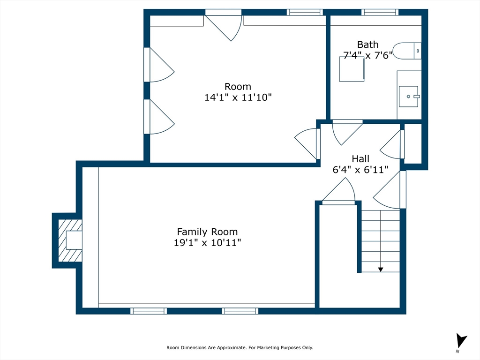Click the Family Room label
click(207, 232)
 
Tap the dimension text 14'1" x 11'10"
click(238, 97)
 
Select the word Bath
click(367, 45)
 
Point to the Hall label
click(360, 158)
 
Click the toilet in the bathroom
click(407, 51)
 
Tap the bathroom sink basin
click(408, 97)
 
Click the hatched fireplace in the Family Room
click(70, 240)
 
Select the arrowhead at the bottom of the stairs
click(381, 270)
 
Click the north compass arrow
click(461, 340)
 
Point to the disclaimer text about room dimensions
click(240, 347)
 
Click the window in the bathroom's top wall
click(380, 12)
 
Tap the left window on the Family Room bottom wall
click(149, 311)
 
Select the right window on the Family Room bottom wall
click(240, 311)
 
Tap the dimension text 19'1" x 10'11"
click(207, 243)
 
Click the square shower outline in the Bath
click(352, 69)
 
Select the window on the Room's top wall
click(305, 12)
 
